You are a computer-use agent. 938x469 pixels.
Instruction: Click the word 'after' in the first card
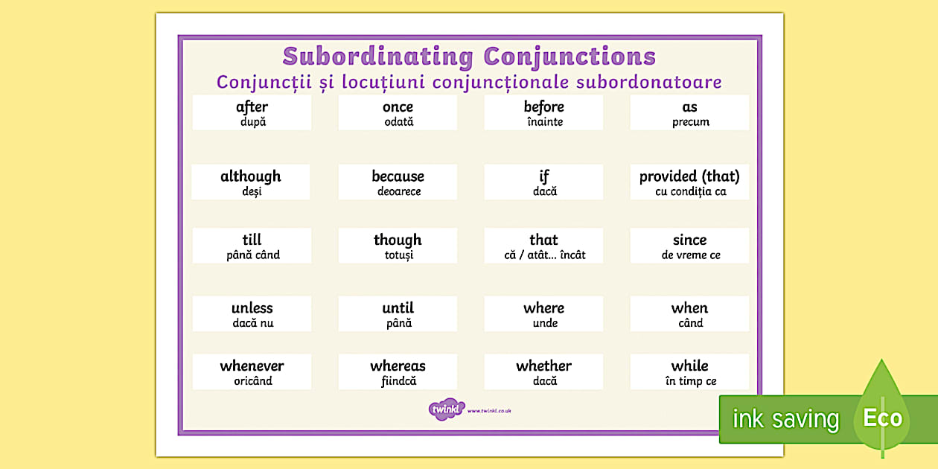252,107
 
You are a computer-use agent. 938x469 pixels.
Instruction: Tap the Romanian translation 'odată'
398,122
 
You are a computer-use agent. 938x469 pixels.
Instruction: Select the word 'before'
543,107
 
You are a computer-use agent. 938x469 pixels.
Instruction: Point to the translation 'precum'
690,122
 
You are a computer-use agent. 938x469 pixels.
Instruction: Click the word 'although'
251,176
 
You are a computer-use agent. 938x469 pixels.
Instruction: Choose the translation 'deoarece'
398,191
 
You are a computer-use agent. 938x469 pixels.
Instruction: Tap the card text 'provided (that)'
689,176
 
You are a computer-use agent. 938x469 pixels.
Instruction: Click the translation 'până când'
252,255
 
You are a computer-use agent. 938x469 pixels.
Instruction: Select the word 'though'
398,240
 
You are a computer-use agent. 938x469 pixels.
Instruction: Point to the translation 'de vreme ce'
690,255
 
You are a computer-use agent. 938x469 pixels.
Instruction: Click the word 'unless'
252,308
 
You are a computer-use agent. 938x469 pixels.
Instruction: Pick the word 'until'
398,308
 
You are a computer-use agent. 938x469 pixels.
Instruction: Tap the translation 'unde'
544,323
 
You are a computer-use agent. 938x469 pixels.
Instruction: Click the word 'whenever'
252,366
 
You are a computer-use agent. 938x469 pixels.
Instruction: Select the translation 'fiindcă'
398,381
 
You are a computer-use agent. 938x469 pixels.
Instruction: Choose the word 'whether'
543,366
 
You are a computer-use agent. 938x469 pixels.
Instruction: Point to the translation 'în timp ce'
690,381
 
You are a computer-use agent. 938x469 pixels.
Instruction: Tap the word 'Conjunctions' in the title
569,57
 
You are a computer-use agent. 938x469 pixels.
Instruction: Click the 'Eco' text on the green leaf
882,418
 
